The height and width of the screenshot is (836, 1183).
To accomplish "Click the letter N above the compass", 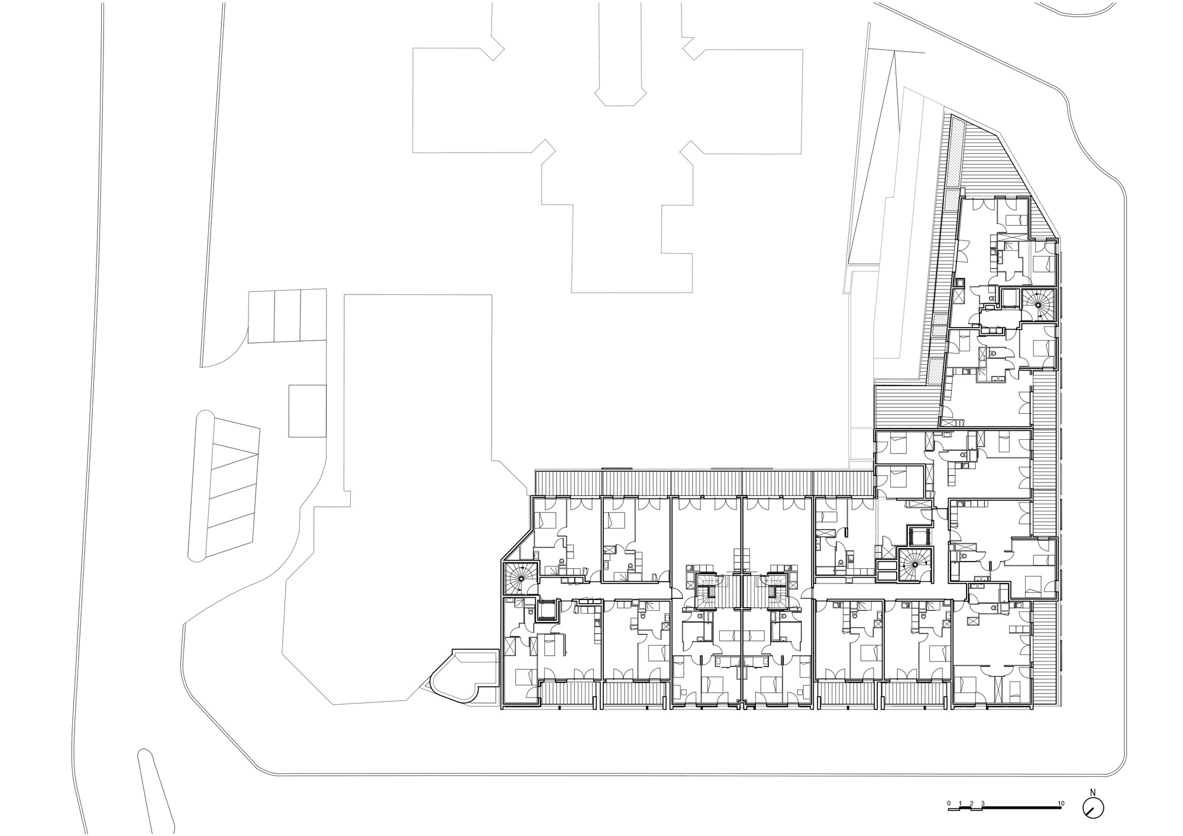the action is pos(1093,792).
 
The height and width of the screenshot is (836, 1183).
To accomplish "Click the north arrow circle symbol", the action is pos(1094,808).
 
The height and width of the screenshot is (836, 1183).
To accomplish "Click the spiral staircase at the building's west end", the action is pos(520,578).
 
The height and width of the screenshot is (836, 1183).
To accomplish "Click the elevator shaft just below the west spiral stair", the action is pos(547,610).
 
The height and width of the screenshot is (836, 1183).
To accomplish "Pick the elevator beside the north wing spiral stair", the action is pos(1010,299).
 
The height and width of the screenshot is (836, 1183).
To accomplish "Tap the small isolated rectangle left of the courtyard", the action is pos(308,410).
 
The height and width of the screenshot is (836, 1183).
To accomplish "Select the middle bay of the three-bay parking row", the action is pos(287,316).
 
